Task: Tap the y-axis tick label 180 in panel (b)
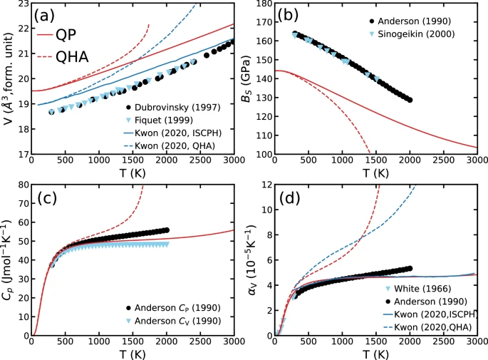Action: tap(261, 5)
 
